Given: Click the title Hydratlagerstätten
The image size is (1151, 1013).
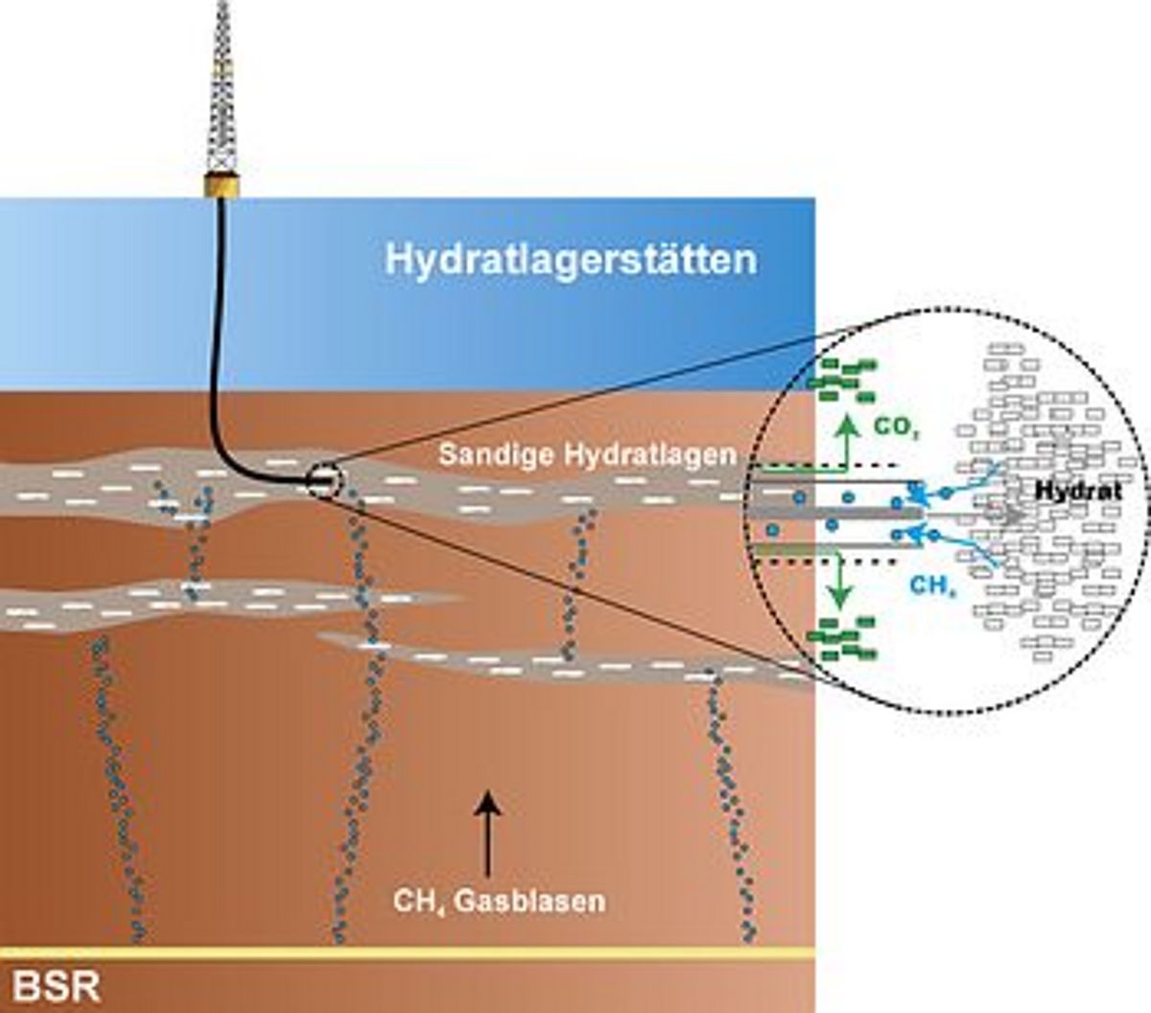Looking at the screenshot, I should tap(571, 260).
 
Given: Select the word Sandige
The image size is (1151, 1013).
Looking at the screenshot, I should tap(496, 455).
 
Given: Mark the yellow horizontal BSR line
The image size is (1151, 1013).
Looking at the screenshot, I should tap(408, 954).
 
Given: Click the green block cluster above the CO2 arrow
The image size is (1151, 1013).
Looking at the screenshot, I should tap(842, 380).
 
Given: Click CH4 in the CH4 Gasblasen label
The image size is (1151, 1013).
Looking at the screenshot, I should tap(418, 902).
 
